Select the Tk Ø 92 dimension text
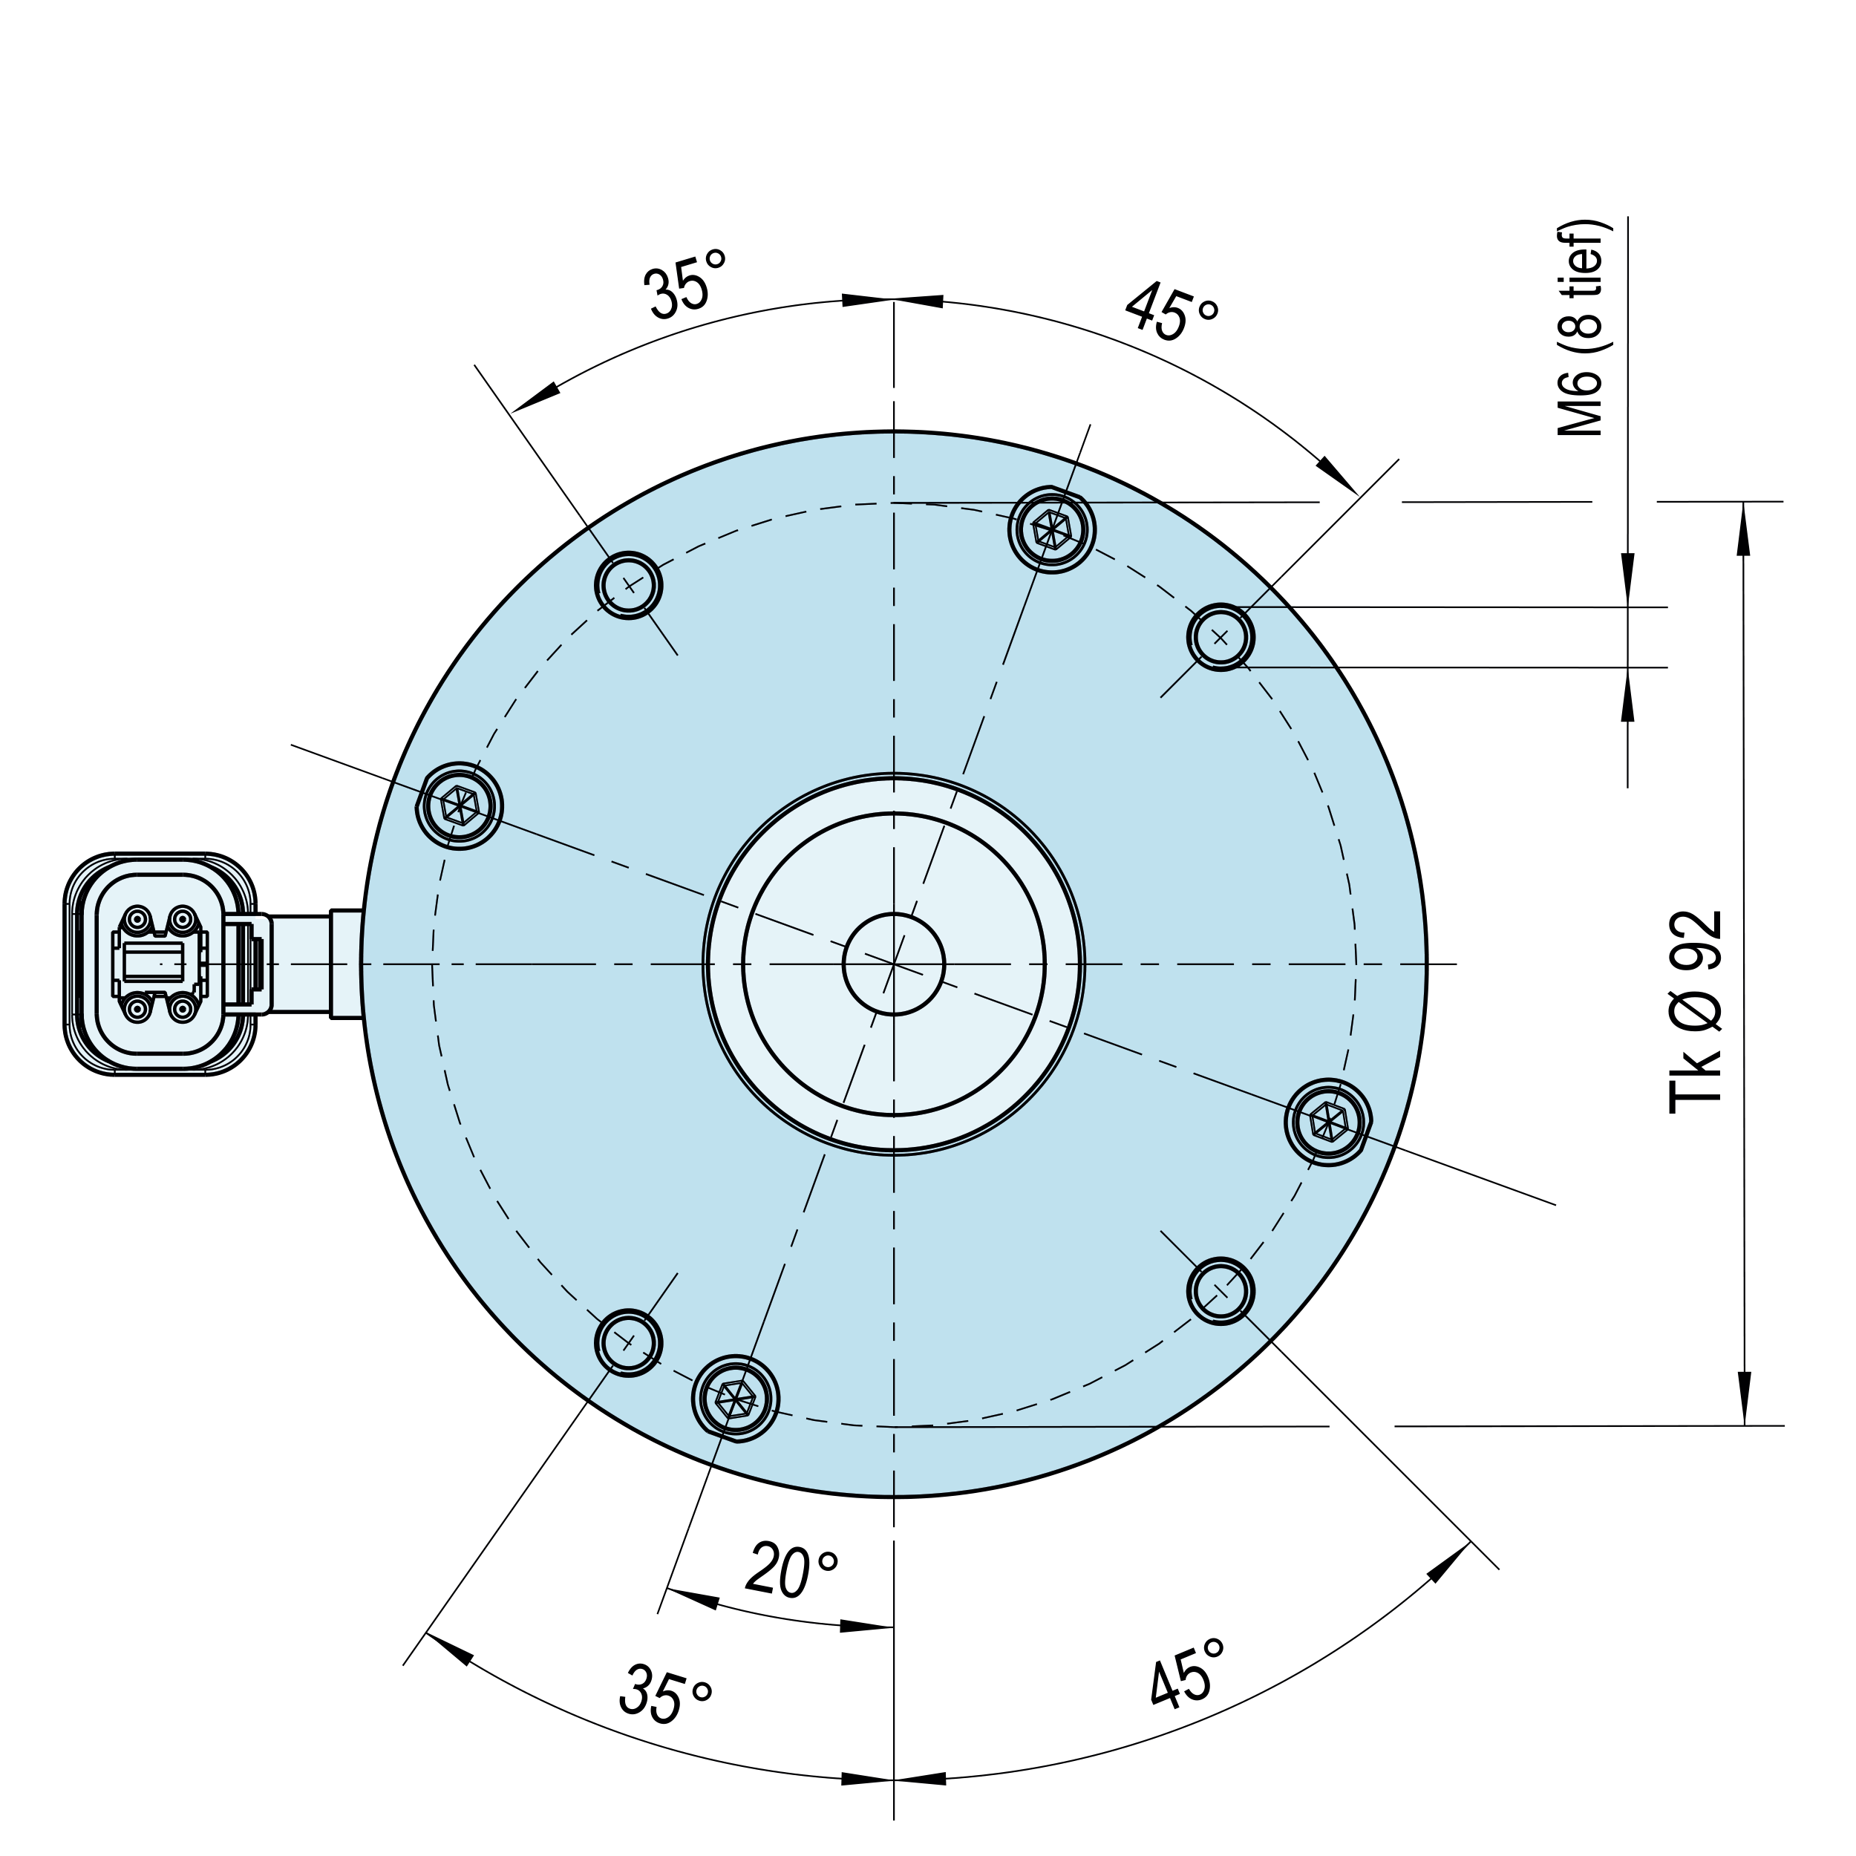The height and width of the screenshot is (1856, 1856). pos(1696,1013)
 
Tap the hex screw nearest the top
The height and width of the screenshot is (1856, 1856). pos(1052,529)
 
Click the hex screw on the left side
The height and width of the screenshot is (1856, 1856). pos(460,805)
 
